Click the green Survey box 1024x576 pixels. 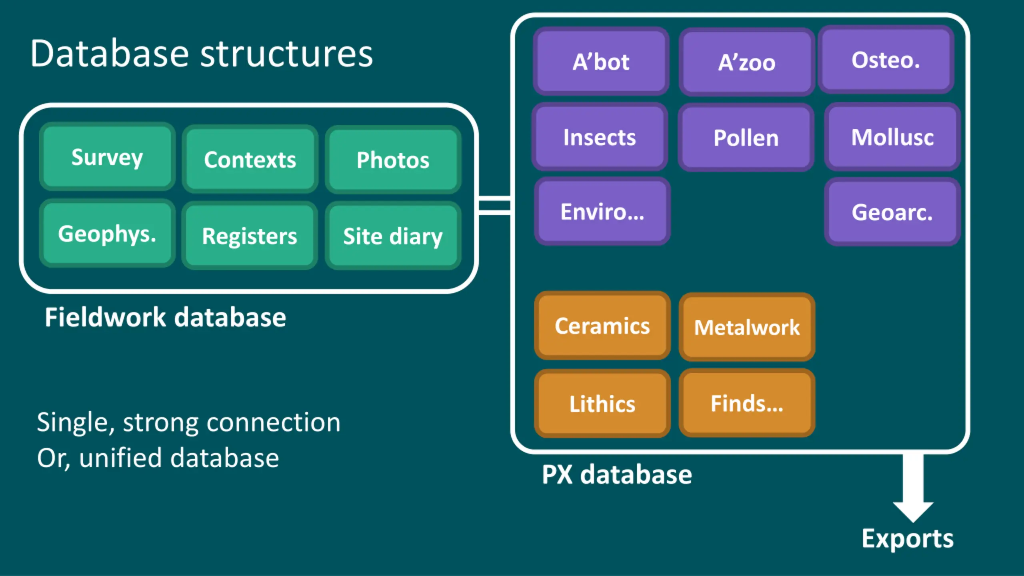click(107, 156)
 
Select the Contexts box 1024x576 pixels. click(250, 159)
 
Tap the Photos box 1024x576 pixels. click(393, 159)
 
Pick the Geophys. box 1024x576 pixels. click(107, 233)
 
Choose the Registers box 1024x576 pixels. click(250, 235)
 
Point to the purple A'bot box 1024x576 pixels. click(601, 61)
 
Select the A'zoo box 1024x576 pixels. click(747, 62)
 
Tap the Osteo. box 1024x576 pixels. click(886, 60)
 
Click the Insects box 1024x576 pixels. click(600, 137)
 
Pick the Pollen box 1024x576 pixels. click(746, 138)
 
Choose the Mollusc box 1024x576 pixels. click(892, 137)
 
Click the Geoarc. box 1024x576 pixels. click(892, 212)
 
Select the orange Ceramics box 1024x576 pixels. click(602, 326)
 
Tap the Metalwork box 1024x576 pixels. click(747, 327)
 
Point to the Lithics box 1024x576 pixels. click(602, 403)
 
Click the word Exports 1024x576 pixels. click(908, 539)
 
